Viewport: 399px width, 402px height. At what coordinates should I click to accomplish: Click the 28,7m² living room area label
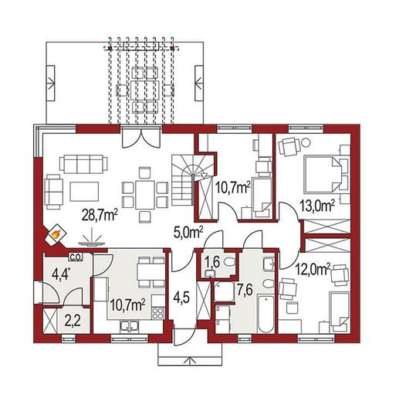(x=100, y=215)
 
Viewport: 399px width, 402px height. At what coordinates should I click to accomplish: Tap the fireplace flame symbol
(x=56, y=234)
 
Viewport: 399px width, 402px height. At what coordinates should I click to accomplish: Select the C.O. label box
(x=76, y=257)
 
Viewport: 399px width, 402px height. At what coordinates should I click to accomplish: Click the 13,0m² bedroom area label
(x=317, y=206)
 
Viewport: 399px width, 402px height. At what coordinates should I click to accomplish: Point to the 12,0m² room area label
(x=313, y=270)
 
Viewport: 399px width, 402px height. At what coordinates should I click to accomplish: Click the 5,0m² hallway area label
(x=188, y=233)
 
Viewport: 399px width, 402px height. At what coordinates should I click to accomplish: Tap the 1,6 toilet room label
(x=212, y=263)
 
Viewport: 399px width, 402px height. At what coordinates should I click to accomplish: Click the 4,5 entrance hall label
(x=182, y=298)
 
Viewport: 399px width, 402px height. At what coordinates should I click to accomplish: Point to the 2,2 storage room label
(x=73, y=321)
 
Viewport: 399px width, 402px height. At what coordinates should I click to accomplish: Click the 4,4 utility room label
(x=61, y=274)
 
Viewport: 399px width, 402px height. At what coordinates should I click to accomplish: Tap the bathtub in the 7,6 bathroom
(x=265, y=314)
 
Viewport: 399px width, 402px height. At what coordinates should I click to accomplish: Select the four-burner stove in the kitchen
(x=158, y=313)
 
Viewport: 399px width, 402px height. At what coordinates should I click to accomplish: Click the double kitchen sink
(x=130, y=325)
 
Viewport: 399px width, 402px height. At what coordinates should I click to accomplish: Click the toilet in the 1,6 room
(x=229, y=262)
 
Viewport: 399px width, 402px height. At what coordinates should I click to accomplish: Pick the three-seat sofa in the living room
(x=83, y=164)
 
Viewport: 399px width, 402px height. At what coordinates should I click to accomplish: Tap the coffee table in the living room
(x=84, y=192)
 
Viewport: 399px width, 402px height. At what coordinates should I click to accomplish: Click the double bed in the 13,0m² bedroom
(x=323, y=174)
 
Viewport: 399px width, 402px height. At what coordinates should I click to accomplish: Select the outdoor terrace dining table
(x=144, y=90)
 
